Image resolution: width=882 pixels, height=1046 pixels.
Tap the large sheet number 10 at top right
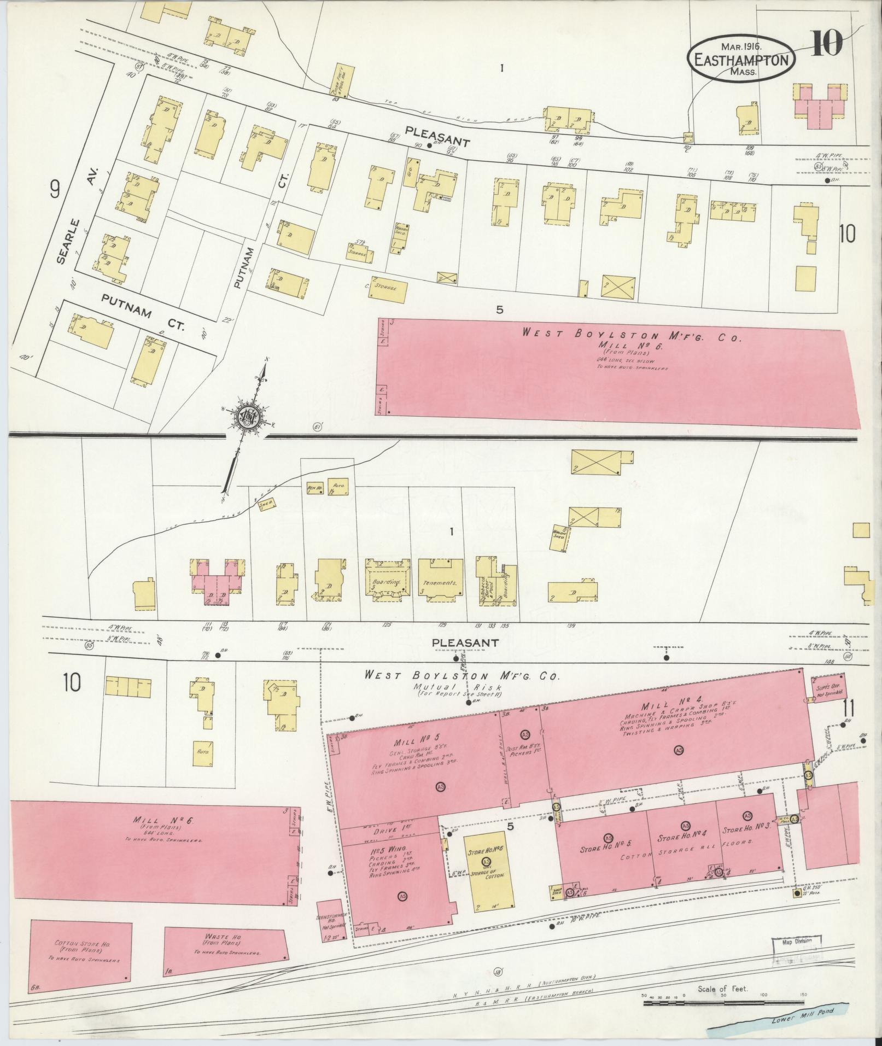point(826,44)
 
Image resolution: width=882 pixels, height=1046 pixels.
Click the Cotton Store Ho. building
point(82,952)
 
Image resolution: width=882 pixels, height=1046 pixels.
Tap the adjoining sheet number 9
point(54,190)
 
